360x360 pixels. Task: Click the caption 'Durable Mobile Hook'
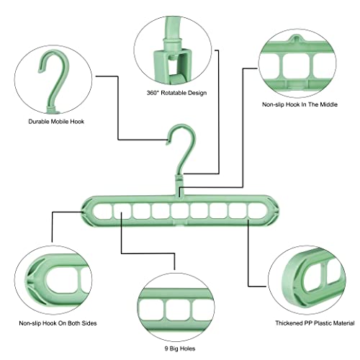click(x=56, y=122)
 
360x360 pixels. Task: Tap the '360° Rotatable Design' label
click(x=176, y=93)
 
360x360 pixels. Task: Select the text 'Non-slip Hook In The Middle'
click(x=300, y=104)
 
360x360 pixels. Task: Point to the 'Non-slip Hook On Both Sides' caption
click(x=58, y=323)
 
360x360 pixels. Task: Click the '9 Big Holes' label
click(x=180, y=348)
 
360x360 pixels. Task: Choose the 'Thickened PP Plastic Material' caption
click(x=315, y=323)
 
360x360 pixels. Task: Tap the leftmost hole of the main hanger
click(x=102, y=211)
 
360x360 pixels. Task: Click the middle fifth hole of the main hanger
click(x=180, y=211)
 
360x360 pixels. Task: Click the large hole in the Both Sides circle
click(x=62, y=279)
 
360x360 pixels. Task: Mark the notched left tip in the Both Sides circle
click(x=30, y=279)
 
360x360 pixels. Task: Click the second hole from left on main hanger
click(x=122, y=211)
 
